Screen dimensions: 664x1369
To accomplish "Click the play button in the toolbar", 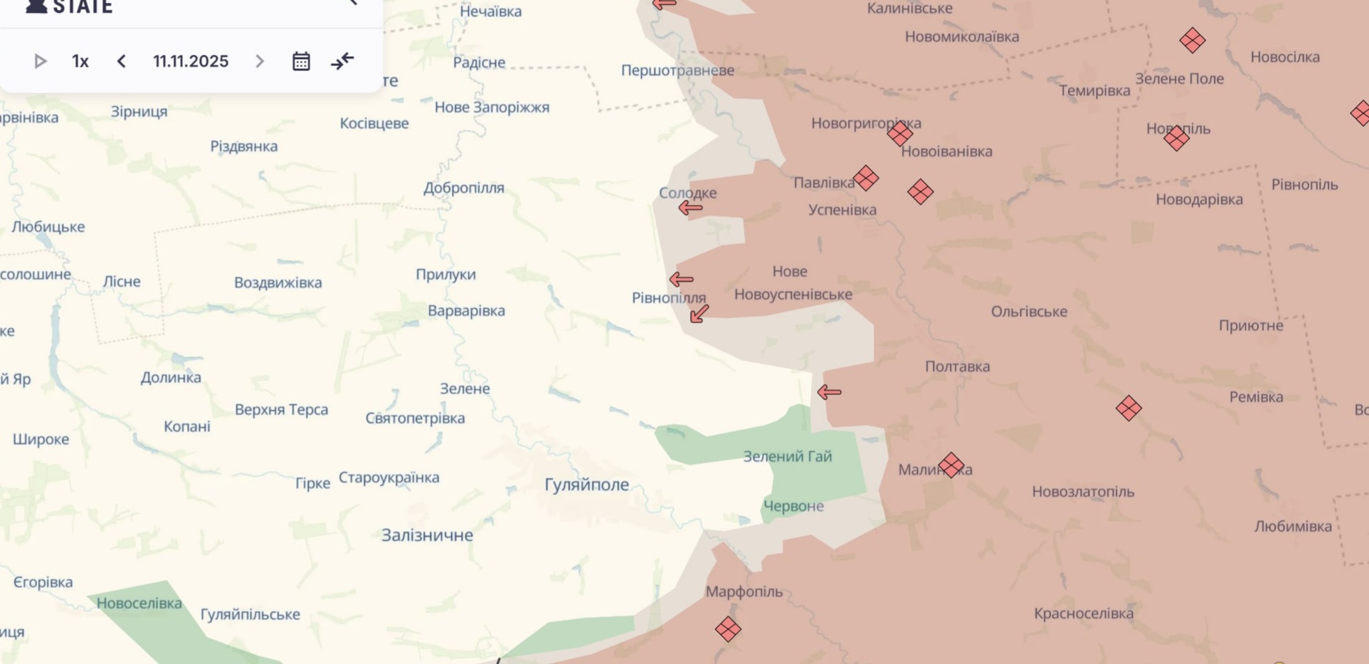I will (x=41, y=62).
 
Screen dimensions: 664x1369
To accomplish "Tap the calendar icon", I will (x=301, y=62).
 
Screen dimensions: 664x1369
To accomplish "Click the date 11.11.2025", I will (x=191, y=62).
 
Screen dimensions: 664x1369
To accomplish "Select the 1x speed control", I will (x=80, y=62).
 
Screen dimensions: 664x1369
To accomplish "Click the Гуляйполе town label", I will (x=586, y=485).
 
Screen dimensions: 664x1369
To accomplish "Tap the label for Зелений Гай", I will (x=787, y=457).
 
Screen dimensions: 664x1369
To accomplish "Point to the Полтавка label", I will (x=957, y=367).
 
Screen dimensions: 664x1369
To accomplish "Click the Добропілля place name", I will (x=464, y=188).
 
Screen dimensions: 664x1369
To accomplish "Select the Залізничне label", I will (x=427, y=535).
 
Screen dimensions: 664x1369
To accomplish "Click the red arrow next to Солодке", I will (x=690, y=208).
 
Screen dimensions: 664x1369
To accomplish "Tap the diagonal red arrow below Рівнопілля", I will (x=699, y=313).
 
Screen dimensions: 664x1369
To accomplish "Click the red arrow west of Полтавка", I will (x=829, y=392).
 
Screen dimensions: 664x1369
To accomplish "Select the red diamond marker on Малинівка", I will (x=951, y=465).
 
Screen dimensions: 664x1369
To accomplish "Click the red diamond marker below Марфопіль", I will (x=728, y=629).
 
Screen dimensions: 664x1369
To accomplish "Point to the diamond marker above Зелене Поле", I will (x=1192, y=41).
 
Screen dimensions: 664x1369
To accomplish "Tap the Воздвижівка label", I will (x=278, y=283).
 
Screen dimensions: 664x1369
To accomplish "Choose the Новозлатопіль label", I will (x=1083, y=492).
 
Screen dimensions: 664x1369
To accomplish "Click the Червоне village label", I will (x=793, y=506).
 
